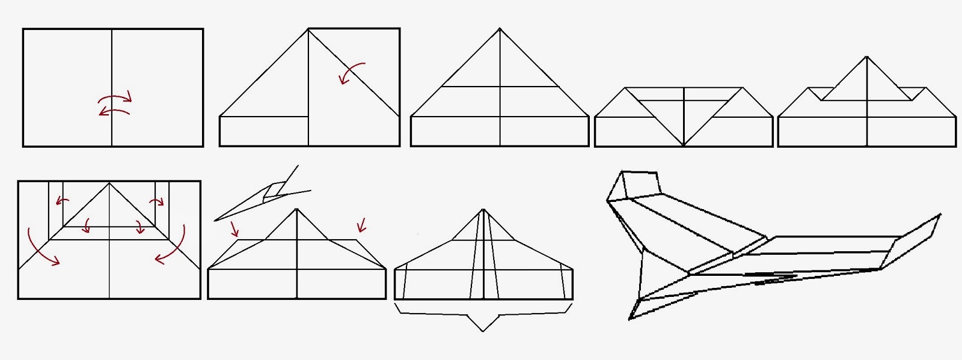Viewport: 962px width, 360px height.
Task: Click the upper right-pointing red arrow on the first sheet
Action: (115, 97)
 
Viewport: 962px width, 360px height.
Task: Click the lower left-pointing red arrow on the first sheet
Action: (114, 112)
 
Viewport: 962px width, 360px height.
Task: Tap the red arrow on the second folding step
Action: (351, 73)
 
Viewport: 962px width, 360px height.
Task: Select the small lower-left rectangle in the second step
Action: (264, 131)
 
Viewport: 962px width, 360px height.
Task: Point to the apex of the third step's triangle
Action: (500, 29)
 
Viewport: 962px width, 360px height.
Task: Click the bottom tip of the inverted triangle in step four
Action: (684, 145)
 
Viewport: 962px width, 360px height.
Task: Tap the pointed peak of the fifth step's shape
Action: (866, 58)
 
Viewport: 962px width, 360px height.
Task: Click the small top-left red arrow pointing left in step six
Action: (63, 201)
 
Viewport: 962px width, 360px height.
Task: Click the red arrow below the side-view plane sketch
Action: (233, 228)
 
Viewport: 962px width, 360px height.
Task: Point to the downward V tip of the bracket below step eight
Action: (483, 331)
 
